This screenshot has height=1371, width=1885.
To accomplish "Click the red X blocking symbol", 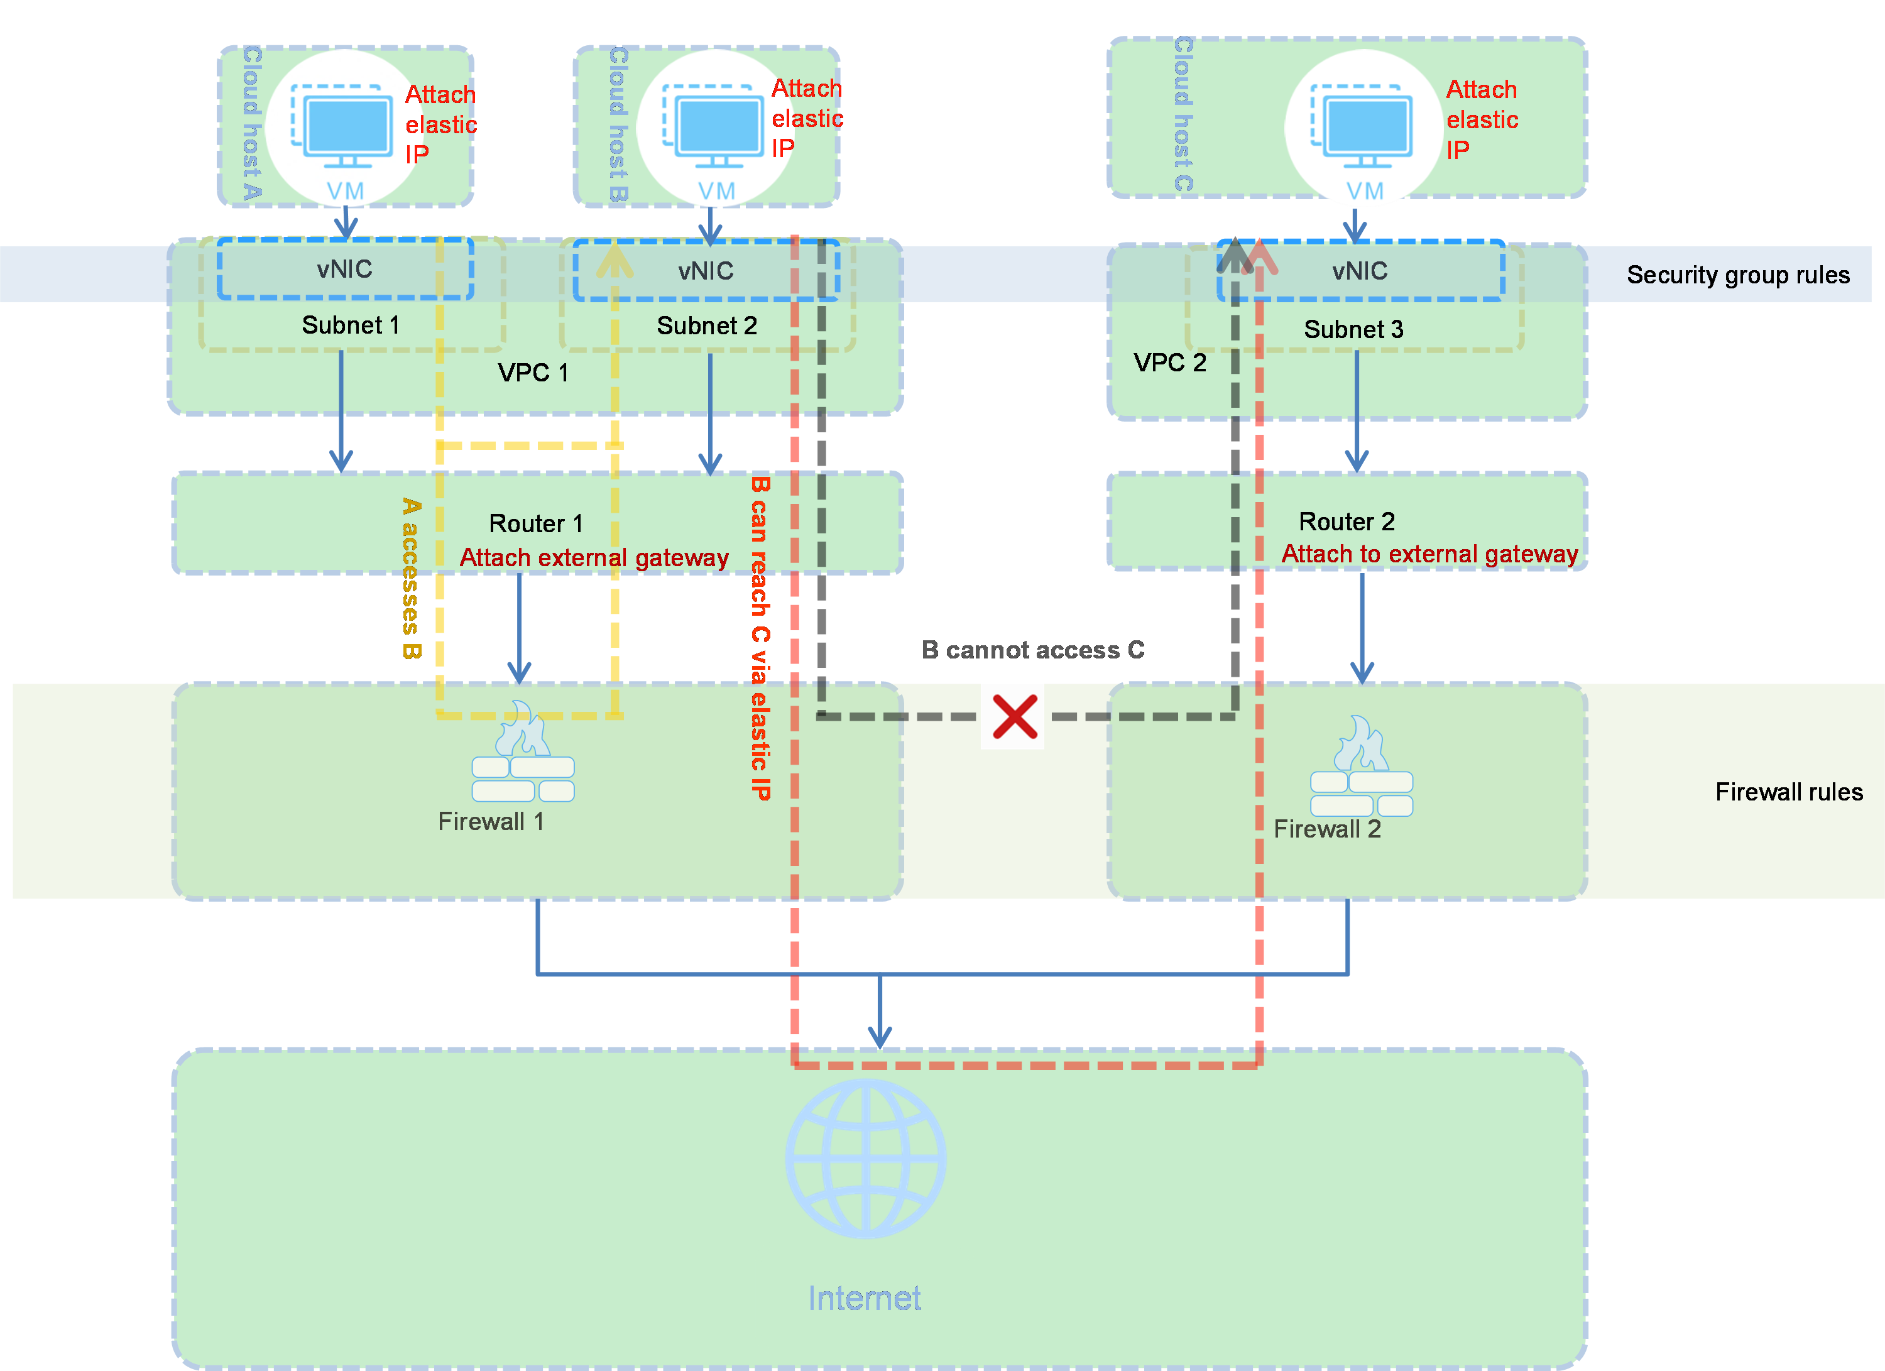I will tap(1013, 717).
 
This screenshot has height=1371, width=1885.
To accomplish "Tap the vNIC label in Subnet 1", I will tap(344, 269).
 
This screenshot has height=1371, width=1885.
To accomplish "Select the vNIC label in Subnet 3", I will tap(1360, 271).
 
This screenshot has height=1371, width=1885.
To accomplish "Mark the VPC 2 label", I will tap(1169, 363).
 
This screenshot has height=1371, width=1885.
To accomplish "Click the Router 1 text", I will tap(536, 523).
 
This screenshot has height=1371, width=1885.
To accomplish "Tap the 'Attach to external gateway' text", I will tap(1429, 554).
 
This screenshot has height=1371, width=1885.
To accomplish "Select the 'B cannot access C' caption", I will tap(1032, 650).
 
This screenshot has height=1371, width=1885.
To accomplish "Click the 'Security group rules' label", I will tap(1738, 275).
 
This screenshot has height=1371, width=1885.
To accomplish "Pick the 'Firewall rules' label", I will tap(1789, 792).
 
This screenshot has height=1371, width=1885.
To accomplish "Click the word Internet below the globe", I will tap(865, 1298).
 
